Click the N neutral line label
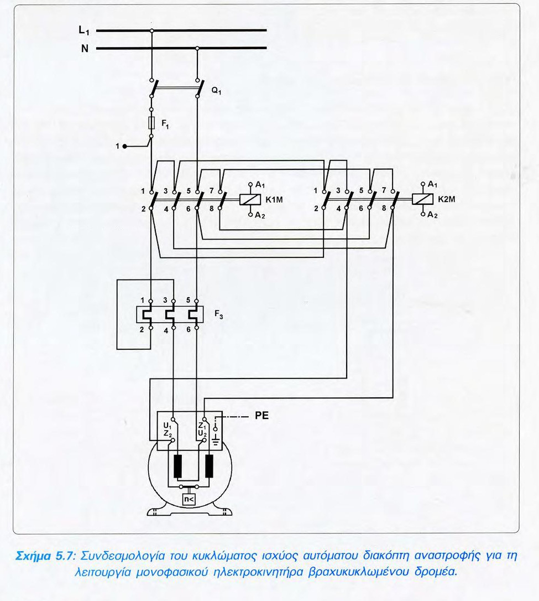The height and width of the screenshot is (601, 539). point(84,49)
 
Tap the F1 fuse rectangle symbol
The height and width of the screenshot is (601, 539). point(151,123)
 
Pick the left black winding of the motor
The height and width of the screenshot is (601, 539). point(178,466)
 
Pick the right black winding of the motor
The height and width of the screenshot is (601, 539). point(210,466)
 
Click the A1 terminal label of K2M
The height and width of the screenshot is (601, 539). point(432,184)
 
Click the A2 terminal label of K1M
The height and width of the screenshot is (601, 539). point(259,216)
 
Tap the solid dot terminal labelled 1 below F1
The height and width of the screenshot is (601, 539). point(125,146)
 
